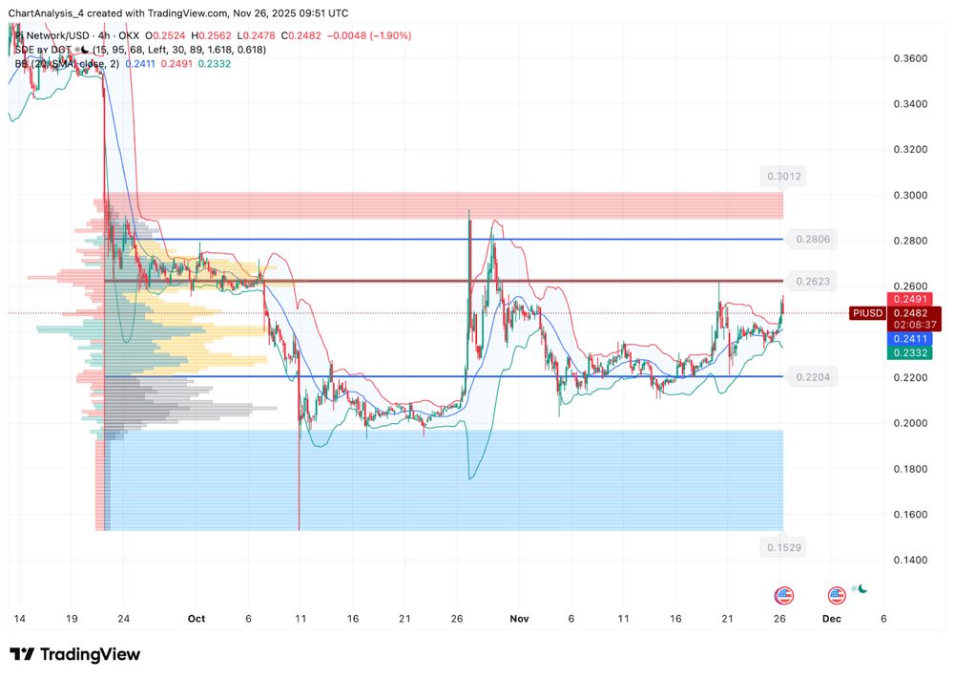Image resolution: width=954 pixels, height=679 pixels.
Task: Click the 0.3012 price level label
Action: (783, 176)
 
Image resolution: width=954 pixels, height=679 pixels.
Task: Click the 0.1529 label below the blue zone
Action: (783, 547)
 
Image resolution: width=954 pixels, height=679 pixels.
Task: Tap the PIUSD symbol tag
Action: (866, 313)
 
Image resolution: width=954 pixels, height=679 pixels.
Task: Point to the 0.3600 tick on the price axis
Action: (908, 58)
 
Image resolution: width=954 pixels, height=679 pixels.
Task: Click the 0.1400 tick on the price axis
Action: (908, 561)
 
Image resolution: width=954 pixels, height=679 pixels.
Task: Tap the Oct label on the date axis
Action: (196, 619)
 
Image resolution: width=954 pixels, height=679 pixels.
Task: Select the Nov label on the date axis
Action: (518, 619)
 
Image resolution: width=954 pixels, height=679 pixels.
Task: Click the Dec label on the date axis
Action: (832, 619)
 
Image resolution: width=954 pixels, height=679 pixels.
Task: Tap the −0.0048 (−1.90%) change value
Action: (370, 36)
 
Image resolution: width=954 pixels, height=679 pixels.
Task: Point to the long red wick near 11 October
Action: (300, 458)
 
